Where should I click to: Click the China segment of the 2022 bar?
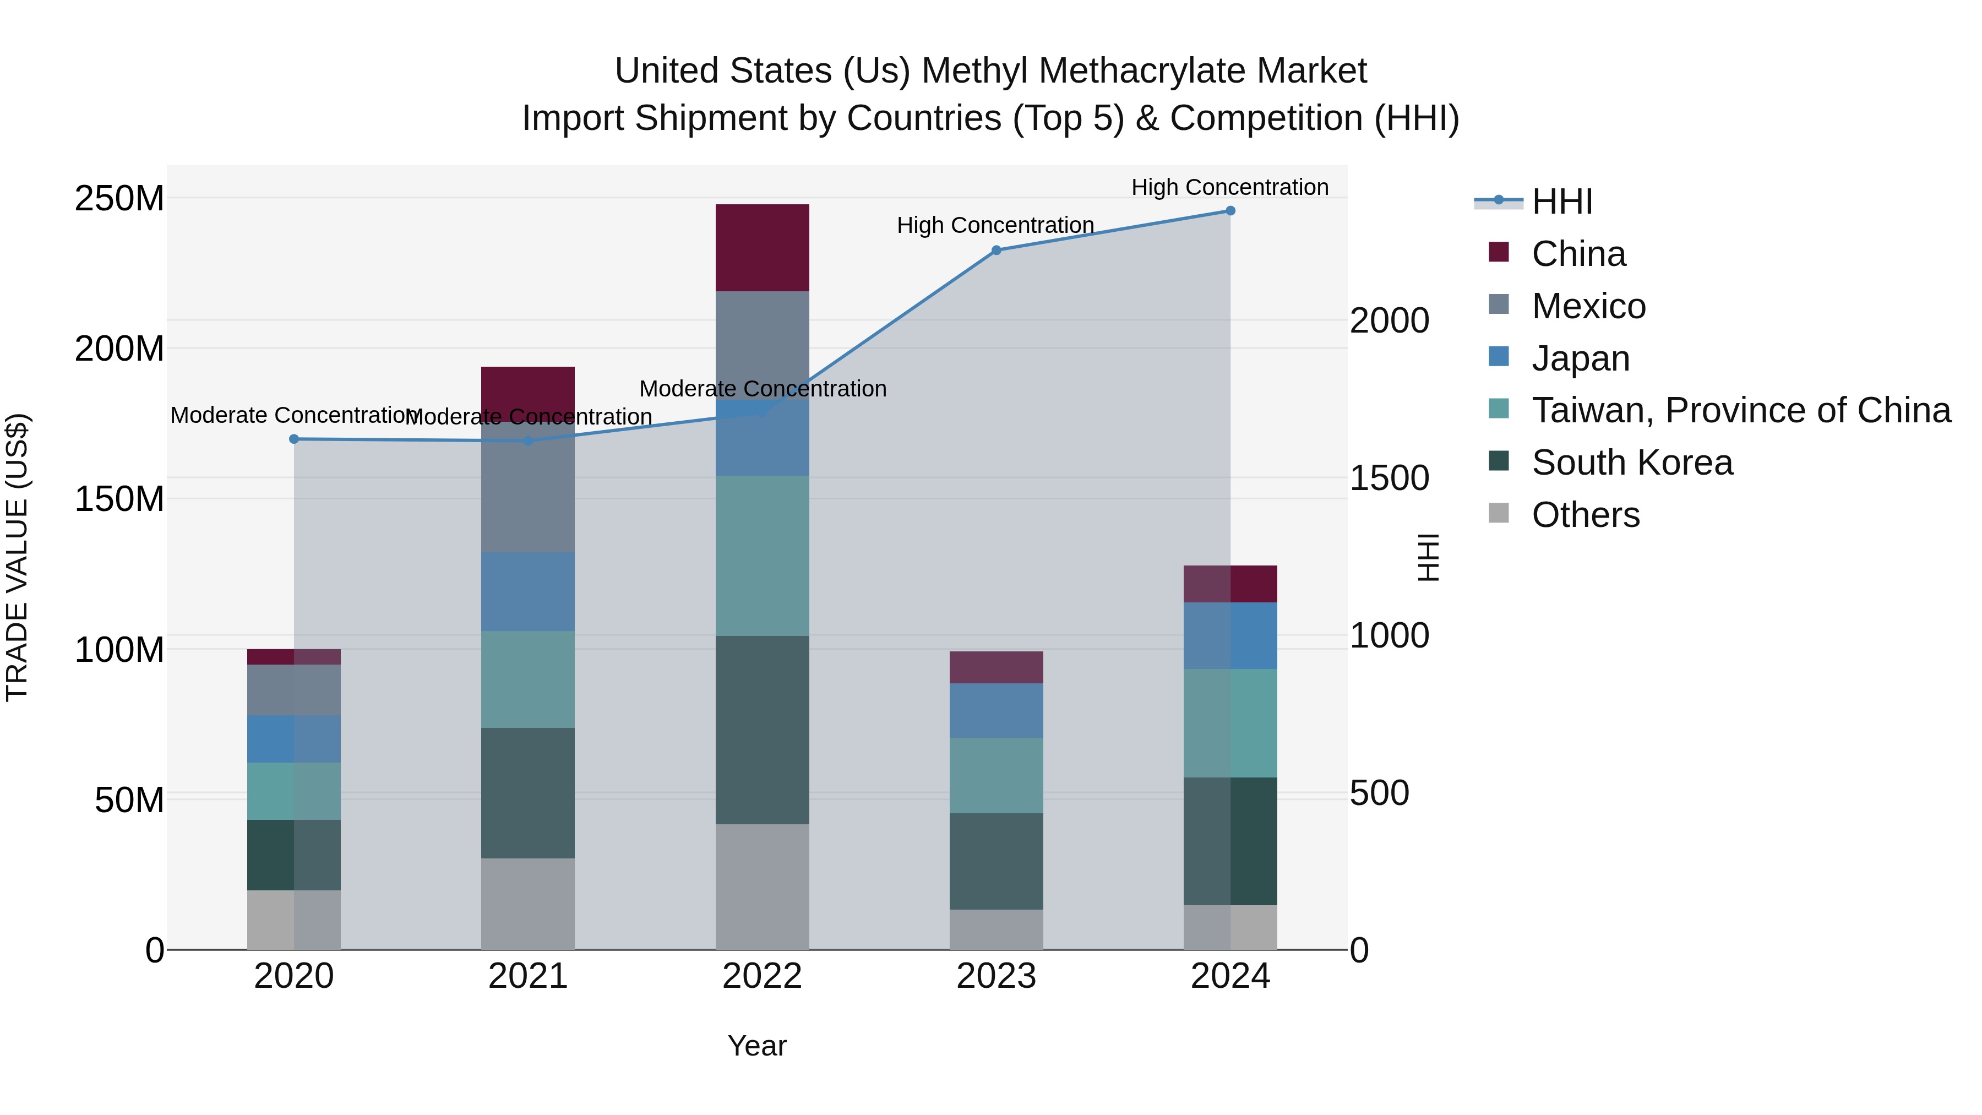tap(762, 247)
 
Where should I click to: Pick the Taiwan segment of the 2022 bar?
tap(762, 556)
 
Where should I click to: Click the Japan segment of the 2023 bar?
tap(995, 710)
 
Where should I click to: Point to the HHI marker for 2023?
tap(995, 250)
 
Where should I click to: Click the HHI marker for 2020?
tap(294, 439)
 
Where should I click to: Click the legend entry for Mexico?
tap(1588, 306)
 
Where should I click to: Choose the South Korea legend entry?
tap(1631, 463)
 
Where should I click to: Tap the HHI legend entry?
tap(1561, 202)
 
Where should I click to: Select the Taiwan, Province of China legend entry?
tap(1740, 410)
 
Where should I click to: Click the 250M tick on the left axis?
tap(119, 199)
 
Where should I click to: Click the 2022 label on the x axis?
tap(762, 976)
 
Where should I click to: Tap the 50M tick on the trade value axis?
tap(129, 800)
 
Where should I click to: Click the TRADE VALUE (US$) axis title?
tap(17, 557)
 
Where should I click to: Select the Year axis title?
tap(756, 1046)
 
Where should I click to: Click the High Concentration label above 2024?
tap(1229, 187)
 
